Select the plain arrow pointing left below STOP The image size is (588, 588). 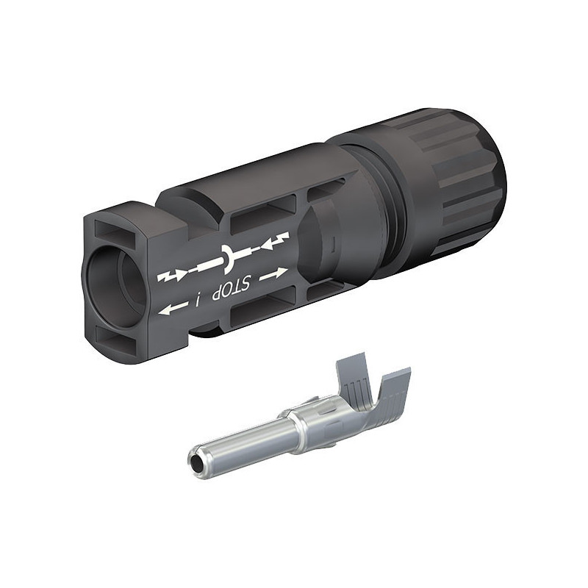173,309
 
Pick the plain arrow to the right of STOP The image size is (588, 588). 273,273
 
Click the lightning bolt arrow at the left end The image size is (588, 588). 172,276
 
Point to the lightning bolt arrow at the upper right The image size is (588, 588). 275,242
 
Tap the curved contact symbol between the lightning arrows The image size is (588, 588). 227,259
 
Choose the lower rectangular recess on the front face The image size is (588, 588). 115,339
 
